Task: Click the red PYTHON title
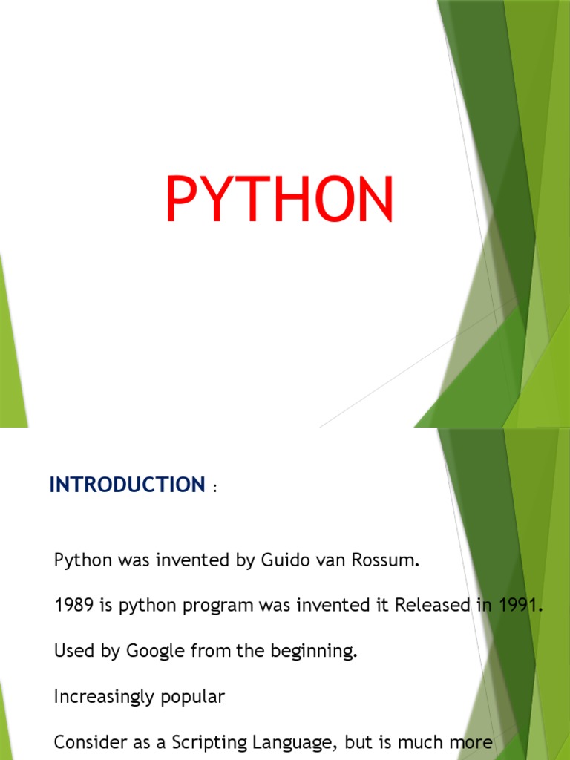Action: tap(279, 200)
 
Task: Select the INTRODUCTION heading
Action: tap(126, 485)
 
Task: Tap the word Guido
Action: tap(283, 560)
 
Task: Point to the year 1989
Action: tap(73, 606)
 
